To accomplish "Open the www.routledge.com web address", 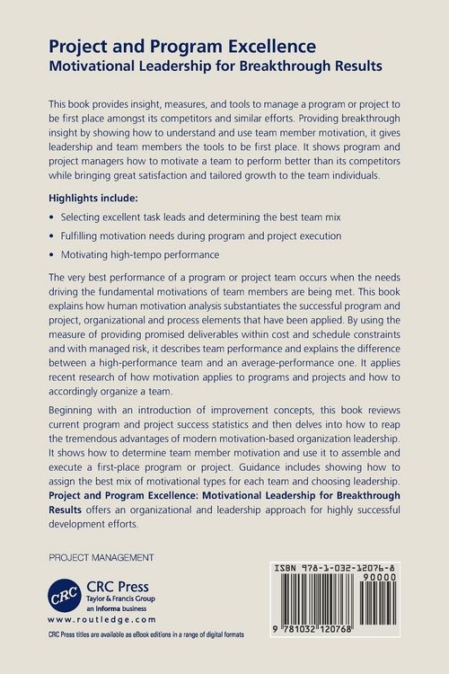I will (101, 619).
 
